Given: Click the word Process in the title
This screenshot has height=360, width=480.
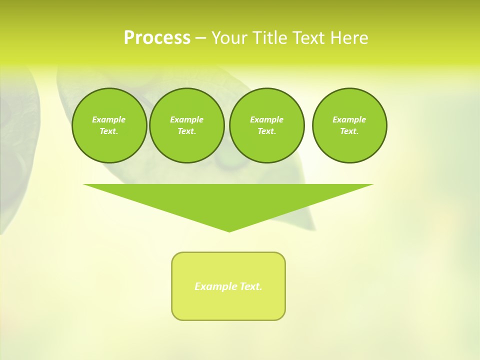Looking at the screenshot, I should point(157,38).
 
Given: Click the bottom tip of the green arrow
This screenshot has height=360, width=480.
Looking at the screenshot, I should point(229,230).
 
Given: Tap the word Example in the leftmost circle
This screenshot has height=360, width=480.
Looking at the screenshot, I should point(109,119).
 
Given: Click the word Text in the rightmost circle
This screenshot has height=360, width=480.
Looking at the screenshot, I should point(349,131).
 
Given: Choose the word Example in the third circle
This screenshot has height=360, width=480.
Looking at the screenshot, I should point(266,119).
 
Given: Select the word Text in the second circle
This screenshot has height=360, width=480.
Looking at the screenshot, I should point(186,131).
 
